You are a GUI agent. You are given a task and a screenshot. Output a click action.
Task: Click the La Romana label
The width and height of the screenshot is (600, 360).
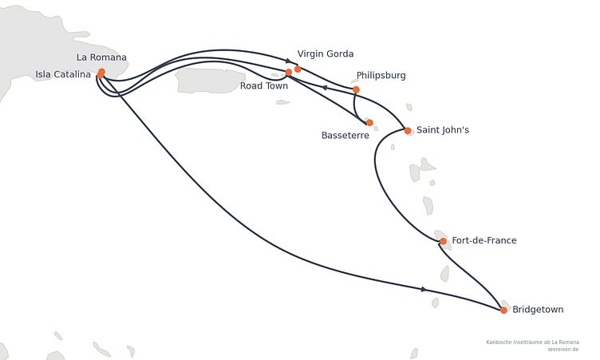tap(101, 57)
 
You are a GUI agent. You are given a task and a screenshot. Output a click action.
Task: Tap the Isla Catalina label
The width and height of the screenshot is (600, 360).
tap(63, 74)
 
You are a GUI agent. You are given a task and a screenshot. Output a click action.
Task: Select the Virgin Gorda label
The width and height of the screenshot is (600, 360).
tap(326, 54)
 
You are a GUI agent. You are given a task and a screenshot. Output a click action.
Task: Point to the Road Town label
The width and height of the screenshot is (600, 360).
tap(264, 85)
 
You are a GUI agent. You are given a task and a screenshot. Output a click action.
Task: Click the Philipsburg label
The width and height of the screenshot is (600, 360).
tap(381, 76)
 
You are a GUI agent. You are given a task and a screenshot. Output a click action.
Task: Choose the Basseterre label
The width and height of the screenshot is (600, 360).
tap(345, 135)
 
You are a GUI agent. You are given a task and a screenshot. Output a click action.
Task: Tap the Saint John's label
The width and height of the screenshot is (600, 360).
tap(443, 130)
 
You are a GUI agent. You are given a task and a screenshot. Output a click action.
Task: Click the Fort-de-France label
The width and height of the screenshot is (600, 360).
tap(484, 240)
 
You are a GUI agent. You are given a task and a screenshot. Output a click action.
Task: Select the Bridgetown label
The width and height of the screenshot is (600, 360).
tap(538, 310)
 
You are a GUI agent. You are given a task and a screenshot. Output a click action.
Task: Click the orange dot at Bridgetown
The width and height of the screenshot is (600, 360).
tap(503, 311)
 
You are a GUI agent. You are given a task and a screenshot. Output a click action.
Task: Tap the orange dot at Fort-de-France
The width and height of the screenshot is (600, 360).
tap(443, 241)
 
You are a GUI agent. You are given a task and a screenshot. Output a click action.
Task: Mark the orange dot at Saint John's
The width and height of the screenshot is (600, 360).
tap(408, 131)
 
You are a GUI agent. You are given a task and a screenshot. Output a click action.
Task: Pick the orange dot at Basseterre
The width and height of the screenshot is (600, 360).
tap(369, 123)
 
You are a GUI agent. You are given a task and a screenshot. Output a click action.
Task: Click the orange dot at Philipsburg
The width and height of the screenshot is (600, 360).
tap(356, 89)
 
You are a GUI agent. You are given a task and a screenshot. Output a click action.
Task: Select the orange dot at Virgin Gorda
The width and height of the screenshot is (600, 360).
tap(298, 69)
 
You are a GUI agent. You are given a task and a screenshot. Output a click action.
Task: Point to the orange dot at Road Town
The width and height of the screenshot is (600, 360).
tap(289, 72)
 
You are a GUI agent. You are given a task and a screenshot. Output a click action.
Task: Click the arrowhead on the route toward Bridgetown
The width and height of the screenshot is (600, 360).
tap(424, 289)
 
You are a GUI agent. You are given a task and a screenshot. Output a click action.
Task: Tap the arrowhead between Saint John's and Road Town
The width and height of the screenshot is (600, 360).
tap(324, 88)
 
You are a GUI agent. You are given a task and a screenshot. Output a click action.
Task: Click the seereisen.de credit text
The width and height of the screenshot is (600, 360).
tap(562, 350)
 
